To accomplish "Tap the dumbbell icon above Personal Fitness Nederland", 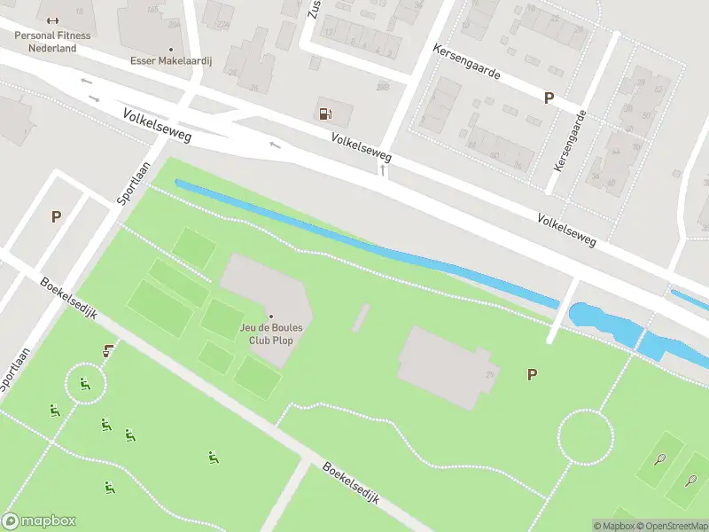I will coord(51,21).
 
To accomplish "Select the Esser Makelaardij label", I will coord(170,62).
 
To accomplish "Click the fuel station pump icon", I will coord(325,113).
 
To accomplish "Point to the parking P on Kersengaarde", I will coord(549,98).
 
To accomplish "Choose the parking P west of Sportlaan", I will coord(57,216).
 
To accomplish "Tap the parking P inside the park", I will coord(532,375).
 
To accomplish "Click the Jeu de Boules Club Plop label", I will coord(271,332).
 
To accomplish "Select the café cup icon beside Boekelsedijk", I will coord(108,350).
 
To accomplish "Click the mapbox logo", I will coord(39,521).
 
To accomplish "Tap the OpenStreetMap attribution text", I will coord(669,526).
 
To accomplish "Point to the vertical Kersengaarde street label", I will coord(569,142).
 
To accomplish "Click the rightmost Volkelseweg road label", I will coord(566,230).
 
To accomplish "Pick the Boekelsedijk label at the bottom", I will coord(351,483).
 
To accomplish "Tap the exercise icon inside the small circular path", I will coord(85,384).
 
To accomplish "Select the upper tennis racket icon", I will coord(659,458).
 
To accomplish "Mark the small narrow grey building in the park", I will coord(361,317).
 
